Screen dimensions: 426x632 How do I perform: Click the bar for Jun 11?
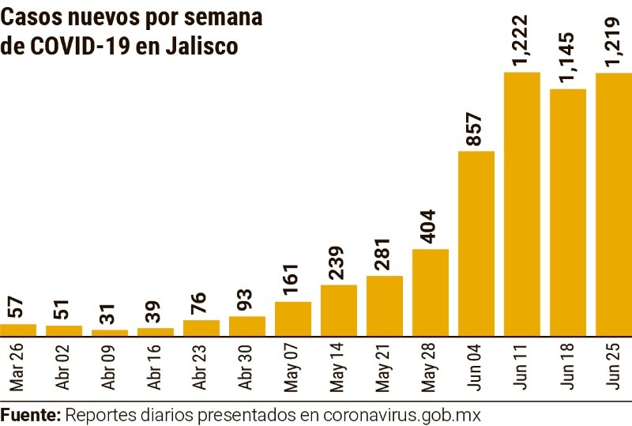(521, 204)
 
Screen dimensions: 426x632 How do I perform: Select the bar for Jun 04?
(476, 243)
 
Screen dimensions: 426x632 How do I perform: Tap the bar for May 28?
(431, 292)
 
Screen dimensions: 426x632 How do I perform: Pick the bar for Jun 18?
(567, 212)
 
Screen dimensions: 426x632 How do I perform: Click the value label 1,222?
(521, 40)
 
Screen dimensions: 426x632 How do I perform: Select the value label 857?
(475, 129)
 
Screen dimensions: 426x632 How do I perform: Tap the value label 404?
(430, 227)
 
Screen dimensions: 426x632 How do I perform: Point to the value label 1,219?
(613, 40)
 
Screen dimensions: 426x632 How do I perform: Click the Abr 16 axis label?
(156, 367)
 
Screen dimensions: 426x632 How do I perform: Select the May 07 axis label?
(293, 367)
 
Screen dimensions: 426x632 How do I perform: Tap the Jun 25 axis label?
(613, 367)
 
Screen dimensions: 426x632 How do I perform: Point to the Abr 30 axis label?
(247, 367)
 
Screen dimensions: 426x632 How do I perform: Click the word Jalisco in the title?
(201, 47)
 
